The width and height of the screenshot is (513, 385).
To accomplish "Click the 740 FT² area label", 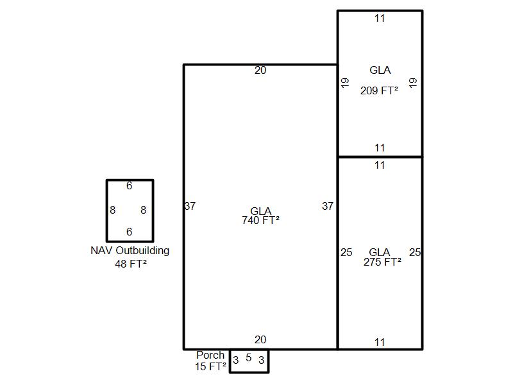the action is pos(260,220).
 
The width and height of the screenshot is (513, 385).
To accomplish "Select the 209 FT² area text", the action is pos(379,90).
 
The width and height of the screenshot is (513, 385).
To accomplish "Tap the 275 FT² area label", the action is pos(382,262).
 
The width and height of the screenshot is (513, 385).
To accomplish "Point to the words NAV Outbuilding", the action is pos(130,250).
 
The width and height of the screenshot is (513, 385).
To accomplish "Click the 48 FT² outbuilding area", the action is pos(131,264).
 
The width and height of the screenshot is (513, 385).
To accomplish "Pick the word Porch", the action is pos(210,355).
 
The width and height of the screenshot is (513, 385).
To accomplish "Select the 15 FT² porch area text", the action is pos(210,366).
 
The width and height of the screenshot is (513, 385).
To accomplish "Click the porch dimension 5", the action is pos(249,357).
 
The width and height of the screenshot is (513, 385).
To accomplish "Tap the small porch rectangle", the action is pos(230,361).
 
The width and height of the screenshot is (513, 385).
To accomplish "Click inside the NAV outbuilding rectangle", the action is pos(106,210).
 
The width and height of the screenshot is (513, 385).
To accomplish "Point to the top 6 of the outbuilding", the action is pos(130,186).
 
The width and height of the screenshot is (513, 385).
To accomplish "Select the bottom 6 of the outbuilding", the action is pos(130,232).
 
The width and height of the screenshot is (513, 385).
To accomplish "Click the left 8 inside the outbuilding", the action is pos(113,210).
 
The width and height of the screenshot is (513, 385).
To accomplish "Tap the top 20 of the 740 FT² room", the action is pos(260,70).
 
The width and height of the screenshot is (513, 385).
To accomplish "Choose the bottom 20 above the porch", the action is pos(260,340).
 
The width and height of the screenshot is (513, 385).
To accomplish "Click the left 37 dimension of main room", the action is pos(190,206).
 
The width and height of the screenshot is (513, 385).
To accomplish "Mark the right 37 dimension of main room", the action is pos(328,206).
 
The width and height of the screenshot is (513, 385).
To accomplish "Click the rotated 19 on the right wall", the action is pos(413,83).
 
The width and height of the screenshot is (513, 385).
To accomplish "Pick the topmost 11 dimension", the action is pos(380,19).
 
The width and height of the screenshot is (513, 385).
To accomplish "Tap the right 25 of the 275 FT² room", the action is pos(415,252).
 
